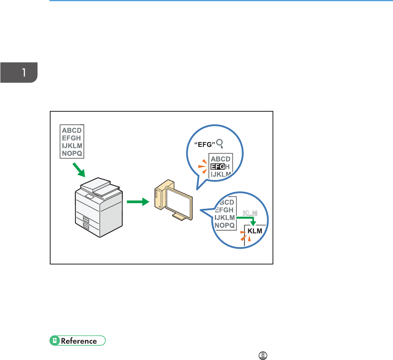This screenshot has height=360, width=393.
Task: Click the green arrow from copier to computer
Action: [x=137, y=202]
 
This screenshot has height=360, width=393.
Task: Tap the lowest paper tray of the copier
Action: [x=86, y=226]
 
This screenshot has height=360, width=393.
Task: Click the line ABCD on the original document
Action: [x=72, y=129]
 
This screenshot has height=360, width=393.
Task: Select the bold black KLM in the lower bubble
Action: [x=255, y=231]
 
